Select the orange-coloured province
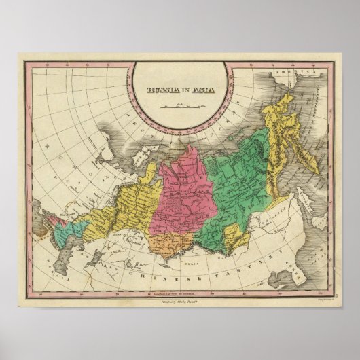[x=170, y=241]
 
